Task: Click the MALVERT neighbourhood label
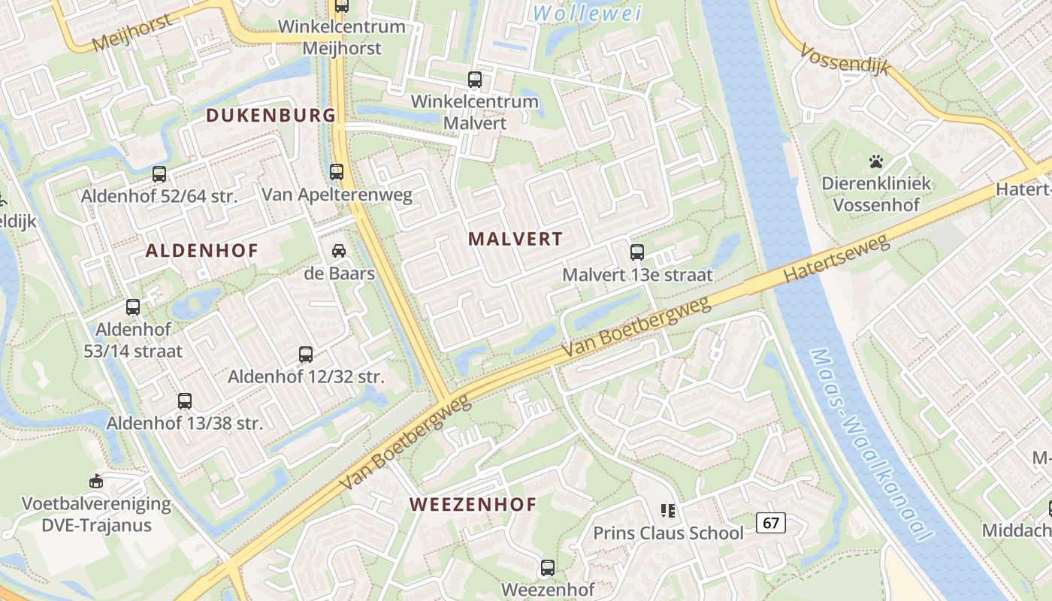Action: click(515, 239)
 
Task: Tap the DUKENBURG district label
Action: click(271, 115)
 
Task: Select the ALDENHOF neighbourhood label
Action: click(201, 251)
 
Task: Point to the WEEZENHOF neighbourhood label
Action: click(473, 504)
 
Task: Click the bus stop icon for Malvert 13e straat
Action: click(637, 252)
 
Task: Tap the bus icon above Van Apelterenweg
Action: click(337, 172)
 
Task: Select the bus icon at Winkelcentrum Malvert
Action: click(475, 79)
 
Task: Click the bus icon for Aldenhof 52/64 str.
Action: click(159, 174)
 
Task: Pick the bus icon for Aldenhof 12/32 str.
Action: click(306, 355)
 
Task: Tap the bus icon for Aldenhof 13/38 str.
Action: click(185, 401)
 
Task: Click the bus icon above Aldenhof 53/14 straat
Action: click(133, 307)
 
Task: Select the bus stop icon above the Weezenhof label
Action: click(548, 568)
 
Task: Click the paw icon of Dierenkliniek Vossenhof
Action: click(876, 161)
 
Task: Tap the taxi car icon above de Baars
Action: click(339, 250)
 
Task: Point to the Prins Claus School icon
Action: click(668, 511)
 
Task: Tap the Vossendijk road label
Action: click(845, 59)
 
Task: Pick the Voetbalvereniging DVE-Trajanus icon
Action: click(96, 481)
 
